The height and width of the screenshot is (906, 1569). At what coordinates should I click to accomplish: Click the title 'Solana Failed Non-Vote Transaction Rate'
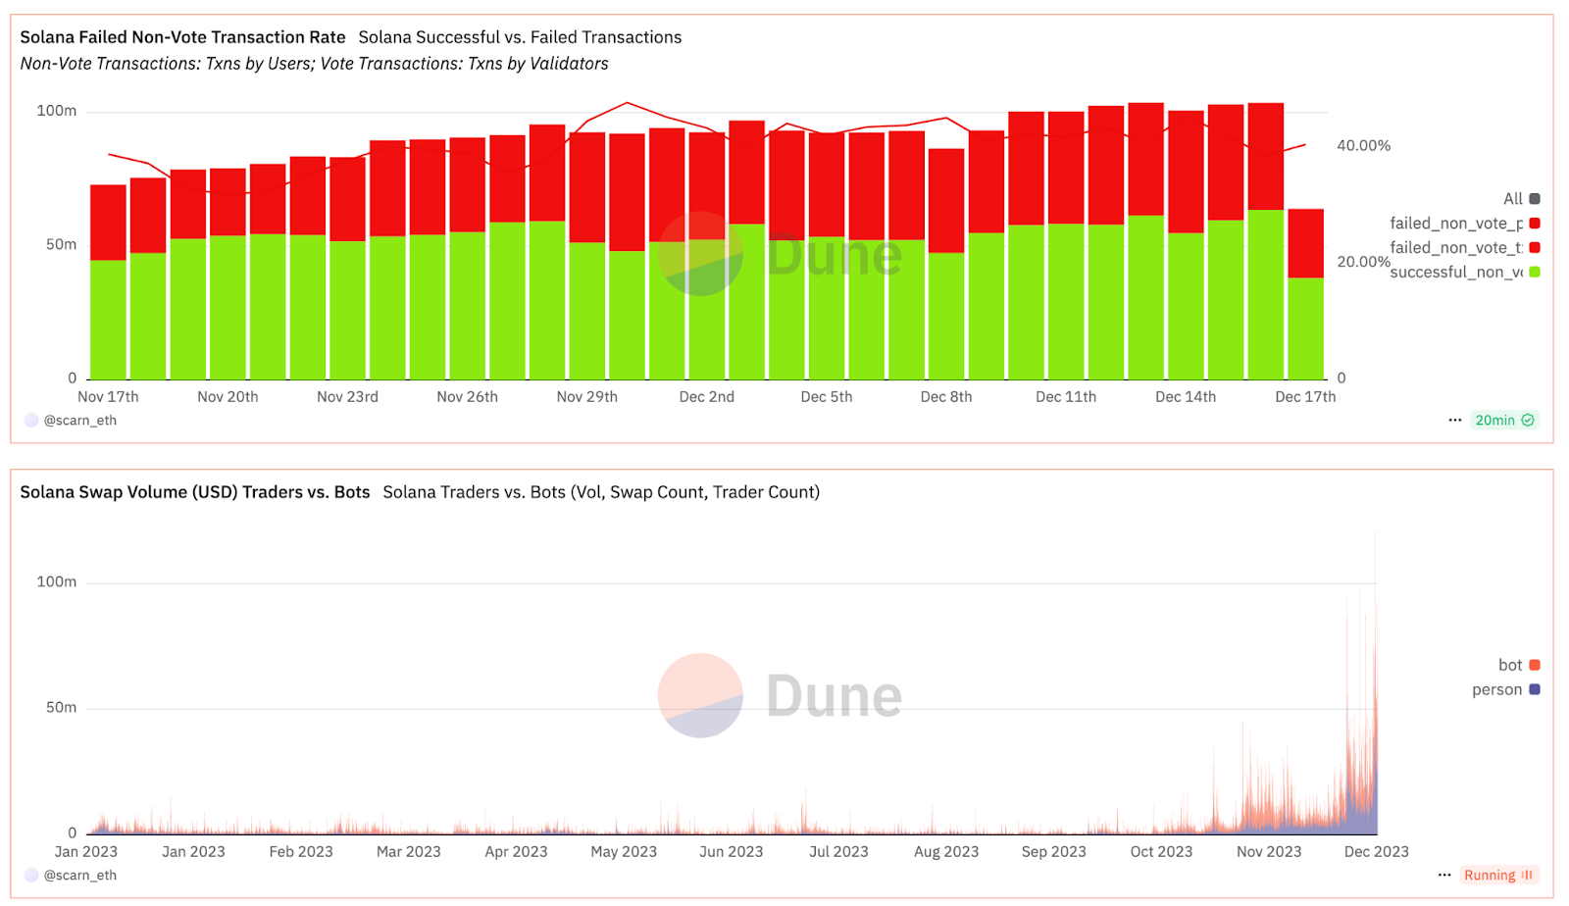(182, 37)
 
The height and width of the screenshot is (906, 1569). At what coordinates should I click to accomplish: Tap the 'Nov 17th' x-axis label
(108, 397)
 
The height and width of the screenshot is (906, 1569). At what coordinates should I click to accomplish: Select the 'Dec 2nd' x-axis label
(706, 397)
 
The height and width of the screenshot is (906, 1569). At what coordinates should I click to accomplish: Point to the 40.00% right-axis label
(1363, 146)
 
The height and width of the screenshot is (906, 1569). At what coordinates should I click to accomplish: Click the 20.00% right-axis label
(1363, 262)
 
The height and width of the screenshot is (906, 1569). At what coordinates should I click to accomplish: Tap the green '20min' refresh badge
(1503, 421)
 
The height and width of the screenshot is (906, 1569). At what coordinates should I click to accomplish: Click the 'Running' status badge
(1497, 876)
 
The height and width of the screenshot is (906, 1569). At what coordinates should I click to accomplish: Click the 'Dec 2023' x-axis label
(1376, 852)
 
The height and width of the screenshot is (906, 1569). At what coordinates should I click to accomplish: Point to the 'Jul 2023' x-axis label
(838, 852)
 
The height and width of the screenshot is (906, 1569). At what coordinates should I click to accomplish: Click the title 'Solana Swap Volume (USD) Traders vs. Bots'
(195, 492)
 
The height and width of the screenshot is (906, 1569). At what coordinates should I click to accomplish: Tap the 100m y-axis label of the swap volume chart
(57, 582)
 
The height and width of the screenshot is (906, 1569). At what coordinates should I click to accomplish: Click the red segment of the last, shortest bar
(1305, 243)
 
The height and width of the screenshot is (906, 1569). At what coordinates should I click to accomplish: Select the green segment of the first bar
(108, 320)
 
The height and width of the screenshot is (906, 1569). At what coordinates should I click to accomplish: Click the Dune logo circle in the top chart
(700, 253)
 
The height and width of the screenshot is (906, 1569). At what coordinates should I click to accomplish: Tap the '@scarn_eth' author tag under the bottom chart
(79, 876)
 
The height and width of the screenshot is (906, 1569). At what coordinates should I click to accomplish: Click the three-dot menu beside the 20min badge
(1454, 421)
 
